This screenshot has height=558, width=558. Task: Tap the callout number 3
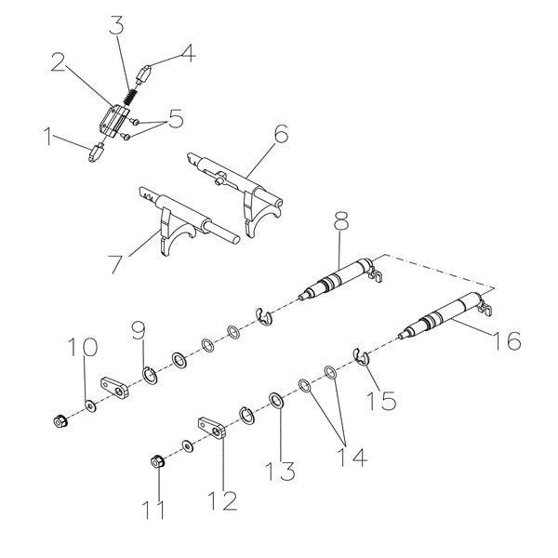116,25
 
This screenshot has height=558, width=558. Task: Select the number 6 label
281,134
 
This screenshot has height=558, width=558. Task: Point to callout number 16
507,341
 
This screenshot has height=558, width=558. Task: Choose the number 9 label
139,329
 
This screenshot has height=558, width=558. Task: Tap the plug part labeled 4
146,71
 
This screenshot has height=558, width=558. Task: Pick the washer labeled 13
276,401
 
